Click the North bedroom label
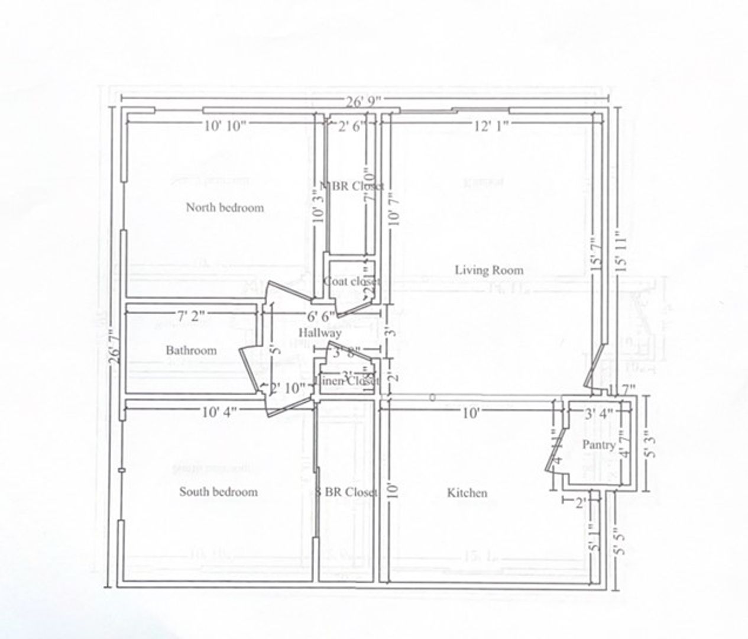[x=225, y=208]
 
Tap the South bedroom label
[x=218, y=492]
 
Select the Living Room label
[x=489, y=270]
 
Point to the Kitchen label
[x=467, y=493]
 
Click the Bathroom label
[x=191, y=350]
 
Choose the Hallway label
[x=319, y=333]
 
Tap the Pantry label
[x=599, y=444]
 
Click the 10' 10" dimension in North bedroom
[x=225, y=125]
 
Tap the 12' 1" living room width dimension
[x=491, y=125]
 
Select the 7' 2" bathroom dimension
[x=191, y=316]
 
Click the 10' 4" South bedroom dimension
[x=219, y=413]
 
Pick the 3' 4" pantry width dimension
[x=598, y=414]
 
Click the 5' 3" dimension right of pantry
[x=650, y=444]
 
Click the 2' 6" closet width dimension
[x=352, y=125]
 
